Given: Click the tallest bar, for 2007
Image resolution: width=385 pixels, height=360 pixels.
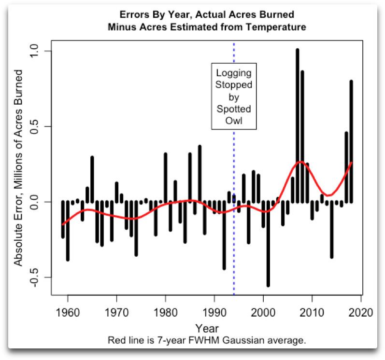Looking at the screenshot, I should (298, 125).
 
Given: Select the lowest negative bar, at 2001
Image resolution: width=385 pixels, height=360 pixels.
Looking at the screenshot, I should (268, 244).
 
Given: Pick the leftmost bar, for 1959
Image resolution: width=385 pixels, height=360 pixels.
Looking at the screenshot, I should (63, 220).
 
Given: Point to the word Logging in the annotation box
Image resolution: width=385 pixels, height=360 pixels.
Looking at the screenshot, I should (234, 73).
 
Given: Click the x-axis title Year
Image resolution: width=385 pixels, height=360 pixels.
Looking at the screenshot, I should (207, 328).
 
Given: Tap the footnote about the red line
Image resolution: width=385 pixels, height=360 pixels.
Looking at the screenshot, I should (207, 340).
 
